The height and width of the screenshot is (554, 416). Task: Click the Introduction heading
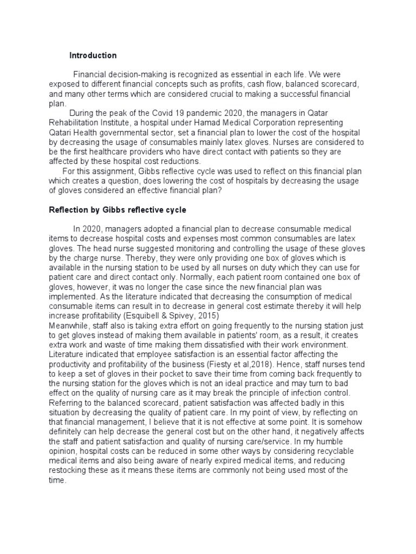93,56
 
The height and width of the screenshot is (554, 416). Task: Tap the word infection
309,393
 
